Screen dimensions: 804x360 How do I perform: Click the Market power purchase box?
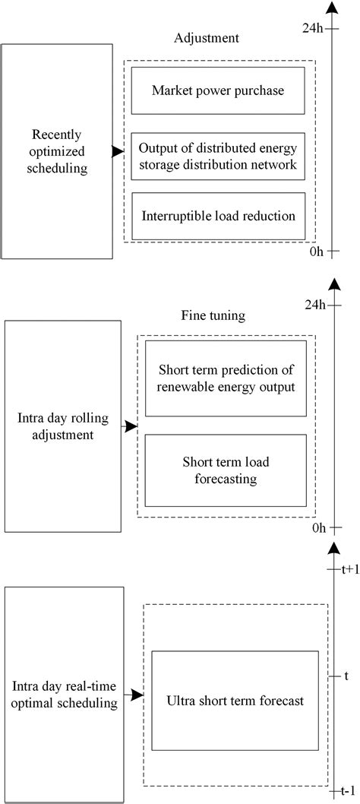pos(218,91)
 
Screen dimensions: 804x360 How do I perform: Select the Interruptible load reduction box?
pos(218,215)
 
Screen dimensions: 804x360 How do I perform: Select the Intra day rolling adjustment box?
pos(62,426)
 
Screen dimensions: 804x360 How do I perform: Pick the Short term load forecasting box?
pos(226,470)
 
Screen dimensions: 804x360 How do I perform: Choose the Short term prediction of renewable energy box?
pos(226,378)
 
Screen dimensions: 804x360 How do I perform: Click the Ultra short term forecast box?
pos(235,701)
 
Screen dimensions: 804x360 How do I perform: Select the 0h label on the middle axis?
pos(317,527)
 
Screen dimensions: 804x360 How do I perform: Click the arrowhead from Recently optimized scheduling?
pos(118,152)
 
